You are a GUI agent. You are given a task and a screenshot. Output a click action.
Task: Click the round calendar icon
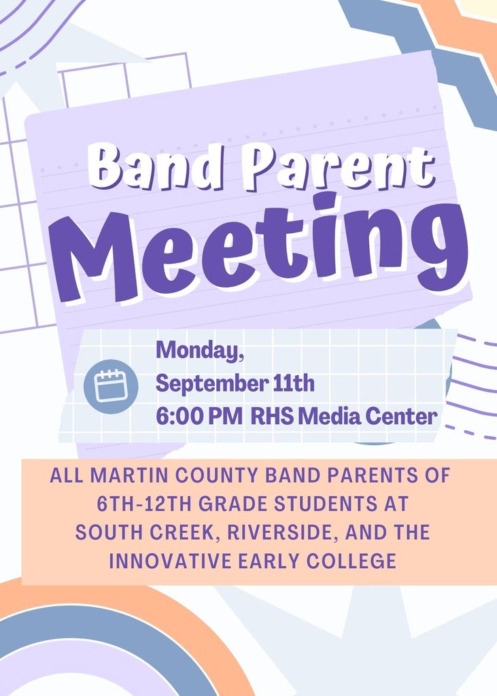click(x=111, y=387)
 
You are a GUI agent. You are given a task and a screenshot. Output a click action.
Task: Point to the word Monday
click(x=199, y=351)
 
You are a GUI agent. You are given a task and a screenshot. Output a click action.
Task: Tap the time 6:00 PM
click(x=199, y=417)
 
